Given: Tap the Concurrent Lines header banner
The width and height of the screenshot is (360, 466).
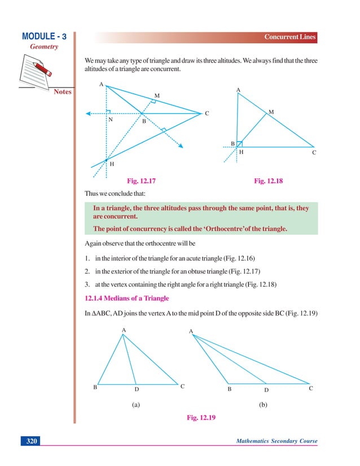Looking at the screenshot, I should (x=290, y=37).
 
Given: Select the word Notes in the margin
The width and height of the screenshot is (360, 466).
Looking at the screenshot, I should (x=63, y=91).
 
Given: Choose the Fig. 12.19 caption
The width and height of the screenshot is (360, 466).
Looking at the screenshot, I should (x=201, y=418).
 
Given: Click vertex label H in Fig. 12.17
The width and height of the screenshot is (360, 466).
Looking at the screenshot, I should (x=112, y=164).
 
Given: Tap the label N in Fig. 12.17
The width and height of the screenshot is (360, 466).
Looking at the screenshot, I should (x=110, y=120).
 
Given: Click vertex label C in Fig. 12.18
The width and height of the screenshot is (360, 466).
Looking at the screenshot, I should (x=314, y=152).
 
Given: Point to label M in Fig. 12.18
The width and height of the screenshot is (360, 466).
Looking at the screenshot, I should (x=271, y=113).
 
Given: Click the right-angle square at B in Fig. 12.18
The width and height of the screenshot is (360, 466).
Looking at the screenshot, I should (x=239, y=144).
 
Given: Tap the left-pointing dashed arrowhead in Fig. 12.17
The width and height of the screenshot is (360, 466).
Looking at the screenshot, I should (x=88, y=114).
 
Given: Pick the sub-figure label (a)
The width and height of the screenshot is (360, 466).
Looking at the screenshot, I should (x=135, y=405).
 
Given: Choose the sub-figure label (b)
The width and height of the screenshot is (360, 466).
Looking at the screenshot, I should (x=263, y=405).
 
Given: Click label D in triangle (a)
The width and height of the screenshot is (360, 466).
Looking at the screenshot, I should (x=137, y=389).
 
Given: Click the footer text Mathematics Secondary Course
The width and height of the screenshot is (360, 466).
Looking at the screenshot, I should (x=276, y=441).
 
